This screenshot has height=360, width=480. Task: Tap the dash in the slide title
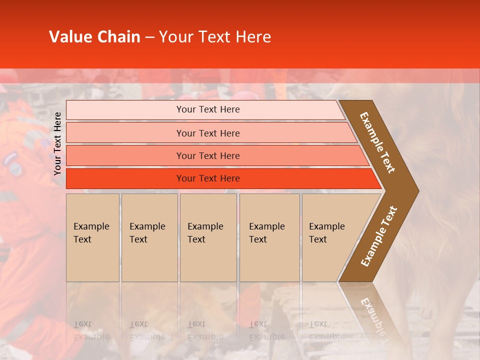click(149, 37)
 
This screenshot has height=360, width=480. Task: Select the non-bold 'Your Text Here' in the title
click(215, 37)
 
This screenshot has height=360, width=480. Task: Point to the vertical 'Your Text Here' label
click(57, 143)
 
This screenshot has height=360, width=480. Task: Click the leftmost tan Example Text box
click(92, 237)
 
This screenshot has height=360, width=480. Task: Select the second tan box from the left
click(149, 237)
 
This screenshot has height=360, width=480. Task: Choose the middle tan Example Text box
click(208, 237)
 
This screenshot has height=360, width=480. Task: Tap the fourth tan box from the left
click(269, 237)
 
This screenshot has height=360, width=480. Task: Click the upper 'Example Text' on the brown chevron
click(377, 142)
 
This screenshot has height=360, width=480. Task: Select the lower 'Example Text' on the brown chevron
click(378, 236)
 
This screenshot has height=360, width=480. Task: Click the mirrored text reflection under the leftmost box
click(91, 330)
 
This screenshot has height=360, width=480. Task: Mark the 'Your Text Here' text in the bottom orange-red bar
click(208, 178)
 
